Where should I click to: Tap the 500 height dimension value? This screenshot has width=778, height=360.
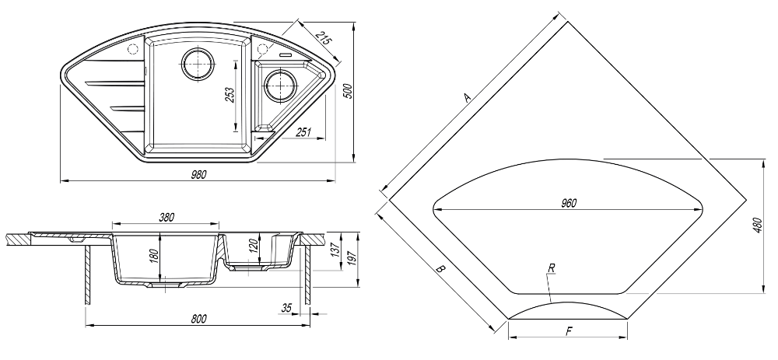[349, 90]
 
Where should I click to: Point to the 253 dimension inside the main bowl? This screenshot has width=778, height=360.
[230, 96]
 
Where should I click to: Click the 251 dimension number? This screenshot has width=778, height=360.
[303, 133]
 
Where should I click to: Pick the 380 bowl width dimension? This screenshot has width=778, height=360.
[166, 218]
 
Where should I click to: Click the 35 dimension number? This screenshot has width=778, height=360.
[286, 309]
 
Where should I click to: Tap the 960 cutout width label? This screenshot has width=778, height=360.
[568, 203]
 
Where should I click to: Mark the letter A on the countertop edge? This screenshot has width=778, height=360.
[468, 97]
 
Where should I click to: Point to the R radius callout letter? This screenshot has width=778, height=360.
[551, 268]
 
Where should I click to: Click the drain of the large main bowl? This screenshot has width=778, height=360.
[197, 62]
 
